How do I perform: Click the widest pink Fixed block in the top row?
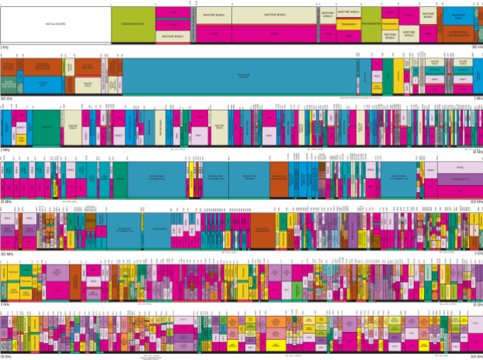pos(273,34)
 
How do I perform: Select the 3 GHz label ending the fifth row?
pos(475,253)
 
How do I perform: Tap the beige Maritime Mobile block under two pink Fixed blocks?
pos(178,36)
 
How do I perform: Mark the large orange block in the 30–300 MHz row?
pos(279,178)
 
